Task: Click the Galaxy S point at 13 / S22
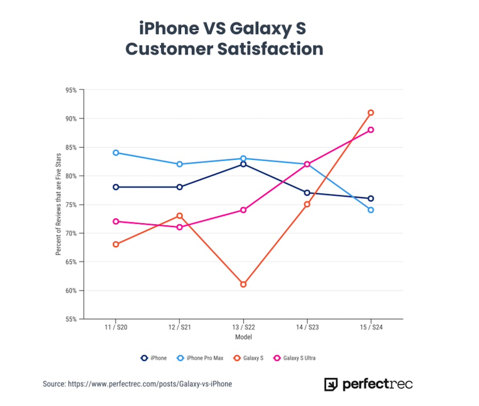(x=243, y=285)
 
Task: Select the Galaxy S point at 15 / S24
(x=371, y=112)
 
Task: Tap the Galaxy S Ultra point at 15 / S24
(x=371, y=129)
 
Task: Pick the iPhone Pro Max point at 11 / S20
(x=115, y=152)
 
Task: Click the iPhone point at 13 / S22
(x=243, y=164)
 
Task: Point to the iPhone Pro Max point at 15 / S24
(x=371, y=210)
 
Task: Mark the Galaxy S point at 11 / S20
(x=115, y=244)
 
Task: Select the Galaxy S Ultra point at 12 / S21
(x=179, y=227)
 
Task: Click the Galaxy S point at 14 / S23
(x=307, y=204)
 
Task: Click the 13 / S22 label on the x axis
(x=243, y=327)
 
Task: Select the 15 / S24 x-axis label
(x=371, y=327)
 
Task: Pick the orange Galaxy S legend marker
(x=237, y=358)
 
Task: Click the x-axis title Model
(x=243, y=337)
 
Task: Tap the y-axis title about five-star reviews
(x=59, y=204)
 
